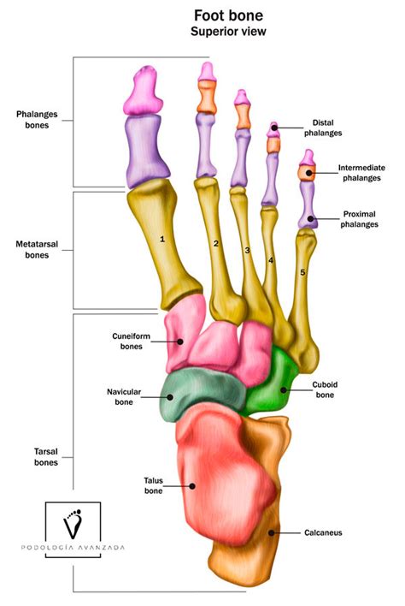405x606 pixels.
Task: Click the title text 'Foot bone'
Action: [x=228, y=15]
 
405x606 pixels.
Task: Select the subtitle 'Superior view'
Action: [x=228, y=32]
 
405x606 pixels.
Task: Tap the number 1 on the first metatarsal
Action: [x=162, y=239]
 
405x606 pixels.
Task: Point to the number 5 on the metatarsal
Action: [x=302, y=272]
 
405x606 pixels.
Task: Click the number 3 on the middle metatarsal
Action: [x=247, y=251]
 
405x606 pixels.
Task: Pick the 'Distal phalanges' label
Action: [x=323, y=128]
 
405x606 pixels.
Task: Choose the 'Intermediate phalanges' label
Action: [x=361, y=173]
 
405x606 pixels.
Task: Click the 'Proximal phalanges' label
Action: [x=359, y=219]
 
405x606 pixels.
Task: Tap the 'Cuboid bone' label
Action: [x=325, y=389]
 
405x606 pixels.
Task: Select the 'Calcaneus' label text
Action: [x=323, y=532]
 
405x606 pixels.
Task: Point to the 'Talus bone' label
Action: [x=153, y=485]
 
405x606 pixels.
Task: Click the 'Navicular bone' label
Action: [x=124, y=397]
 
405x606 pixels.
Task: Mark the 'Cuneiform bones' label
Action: [x=131, y=342]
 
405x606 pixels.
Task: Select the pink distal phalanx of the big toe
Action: [x=143, y=92]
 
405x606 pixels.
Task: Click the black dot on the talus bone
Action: [x=192, y=486]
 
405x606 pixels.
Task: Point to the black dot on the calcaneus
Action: [x=271, y=533]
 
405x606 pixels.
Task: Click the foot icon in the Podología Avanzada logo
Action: [x=73, y=524]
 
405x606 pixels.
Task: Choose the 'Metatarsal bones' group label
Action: [x=37, y=250]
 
